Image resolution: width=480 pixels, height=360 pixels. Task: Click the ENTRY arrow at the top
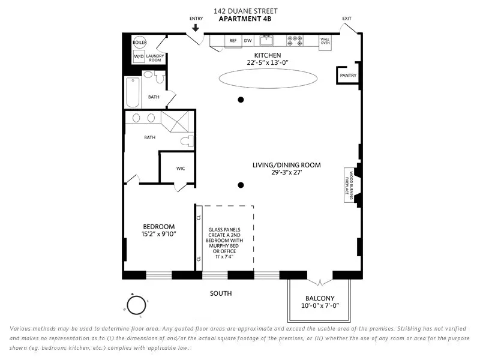tap(196, 28)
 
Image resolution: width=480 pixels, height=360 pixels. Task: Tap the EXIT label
tap(347, 19)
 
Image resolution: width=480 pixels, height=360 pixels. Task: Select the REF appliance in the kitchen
tap(233, 41)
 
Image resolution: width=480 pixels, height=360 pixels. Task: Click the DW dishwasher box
tap(248, 41)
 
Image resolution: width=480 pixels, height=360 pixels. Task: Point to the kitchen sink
tap(266, 41)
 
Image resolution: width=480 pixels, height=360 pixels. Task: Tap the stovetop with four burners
tap(295, 41)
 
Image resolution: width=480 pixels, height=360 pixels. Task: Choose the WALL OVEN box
tap(325, 41)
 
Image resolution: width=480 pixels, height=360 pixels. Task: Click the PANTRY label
tap(348, 76)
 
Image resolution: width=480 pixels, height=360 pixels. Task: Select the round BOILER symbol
tap(139, 43)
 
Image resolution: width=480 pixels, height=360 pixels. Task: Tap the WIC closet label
tap(181, 168)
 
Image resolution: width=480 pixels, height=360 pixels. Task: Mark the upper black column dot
tap(241, 100)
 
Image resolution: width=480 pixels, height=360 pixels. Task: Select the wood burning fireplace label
tap(349, 185)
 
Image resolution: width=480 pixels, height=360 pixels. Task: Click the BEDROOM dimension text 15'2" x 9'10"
tap(158, 235)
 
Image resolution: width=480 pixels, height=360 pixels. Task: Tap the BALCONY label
tap(320, 298)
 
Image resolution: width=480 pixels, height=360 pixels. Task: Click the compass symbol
tap(136, 305)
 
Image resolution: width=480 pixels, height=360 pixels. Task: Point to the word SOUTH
tap(221, 293)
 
